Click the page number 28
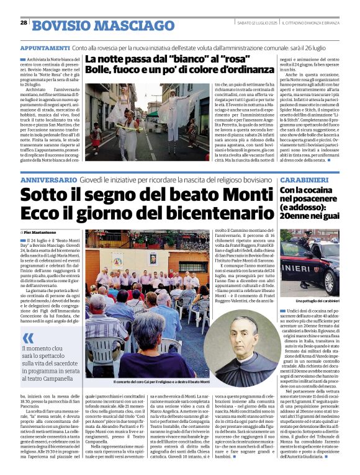tap(24, 22)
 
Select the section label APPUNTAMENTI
tap(44, 47)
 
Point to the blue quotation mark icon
tap(28, 337)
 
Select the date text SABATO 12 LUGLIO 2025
tap(250, 22)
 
